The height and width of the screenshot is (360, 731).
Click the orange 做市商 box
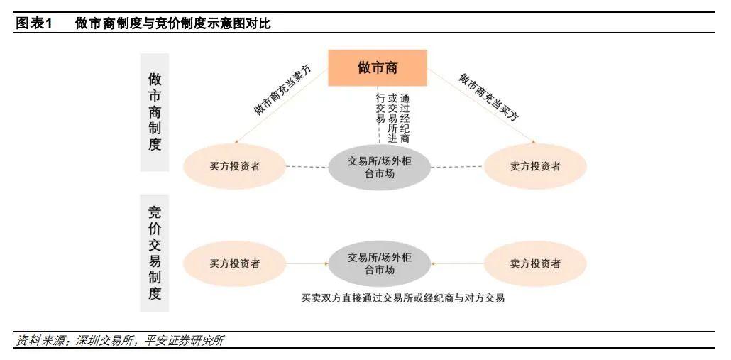click(377, 68)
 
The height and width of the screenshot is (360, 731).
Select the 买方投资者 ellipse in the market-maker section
click(235, 166)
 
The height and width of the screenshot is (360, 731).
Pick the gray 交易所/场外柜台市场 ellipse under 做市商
click(380, 167)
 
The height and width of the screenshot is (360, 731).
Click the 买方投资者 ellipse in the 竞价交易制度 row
click(235, 263)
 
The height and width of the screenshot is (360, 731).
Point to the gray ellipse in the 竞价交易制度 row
click(380, 263)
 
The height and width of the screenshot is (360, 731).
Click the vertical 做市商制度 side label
click(155, 111)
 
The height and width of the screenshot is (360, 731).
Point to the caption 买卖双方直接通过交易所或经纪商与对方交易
click(402, 298)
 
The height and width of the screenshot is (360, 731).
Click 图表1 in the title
click(35, 23)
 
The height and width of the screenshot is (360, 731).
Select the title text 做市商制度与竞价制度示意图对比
click(172, 23)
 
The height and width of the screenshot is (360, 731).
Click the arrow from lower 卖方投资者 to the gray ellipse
click(457, 264)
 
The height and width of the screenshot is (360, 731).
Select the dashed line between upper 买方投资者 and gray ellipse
click(307, 167)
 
